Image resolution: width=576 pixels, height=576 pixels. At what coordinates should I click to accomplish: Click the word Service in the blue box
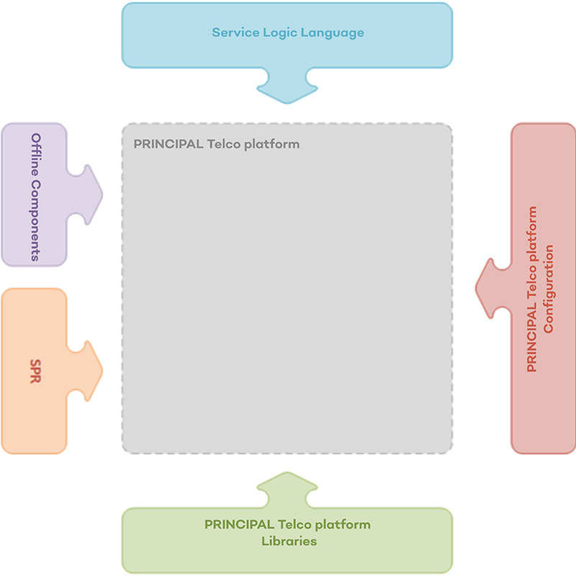point(234,32)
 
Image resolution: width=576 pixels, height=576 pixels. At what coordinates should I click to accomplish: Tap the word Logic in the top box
point(284,32)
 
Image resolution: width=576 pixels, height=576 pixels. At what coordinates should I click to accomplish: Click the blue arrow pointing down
point(287,88)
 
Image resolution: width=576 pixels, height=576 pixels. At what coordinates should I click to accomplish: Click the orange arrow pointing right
point(90,372)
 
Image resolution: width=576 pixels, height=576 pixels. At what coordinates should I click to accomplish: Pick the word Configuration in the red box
point(549,289)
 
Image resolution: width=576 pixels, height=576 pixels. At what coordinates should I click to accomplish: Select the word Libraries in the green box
point(288,541)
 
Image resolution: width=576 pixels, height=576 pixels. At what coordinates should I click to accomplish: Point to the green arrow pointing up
point(287,490)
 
